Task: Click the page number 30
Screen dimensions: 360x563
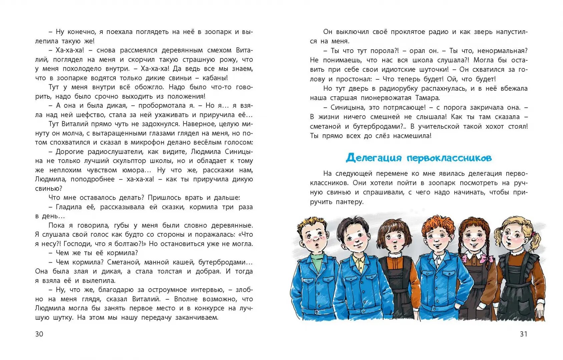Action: (39, 334)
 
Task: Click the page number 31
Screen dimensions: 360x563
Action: (524, 334)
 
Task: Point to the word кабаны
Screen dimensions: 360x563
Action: (215, 78)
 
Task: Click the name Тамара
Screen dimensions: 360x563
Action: (427, 98)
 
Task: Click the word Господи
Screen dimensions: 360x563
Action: (77, 244)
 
